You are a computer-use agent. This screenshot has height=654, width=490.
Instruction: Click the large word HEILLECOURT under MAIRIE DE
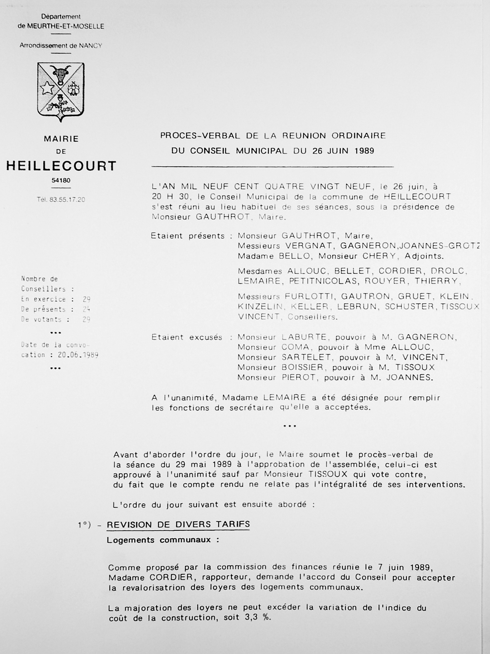61,166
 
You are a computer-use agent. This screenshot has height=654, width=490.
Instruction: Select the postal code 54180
61,181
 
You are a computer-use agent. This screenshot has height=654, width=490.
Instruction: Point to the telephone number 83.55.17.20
67,200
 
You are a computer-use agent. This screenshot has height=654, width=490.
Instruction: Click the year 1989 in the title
364,151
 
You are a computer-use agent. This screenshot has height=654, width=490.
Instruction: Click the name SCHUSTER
410,307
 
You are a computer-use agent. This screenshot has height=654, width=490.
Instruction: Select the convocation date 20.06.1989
78,355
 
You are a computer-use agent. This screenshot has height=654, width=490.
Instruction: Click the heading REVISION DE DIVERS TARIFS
178,524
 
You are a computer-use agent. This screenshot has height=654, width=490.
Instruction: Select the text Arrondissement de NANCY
61,46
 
